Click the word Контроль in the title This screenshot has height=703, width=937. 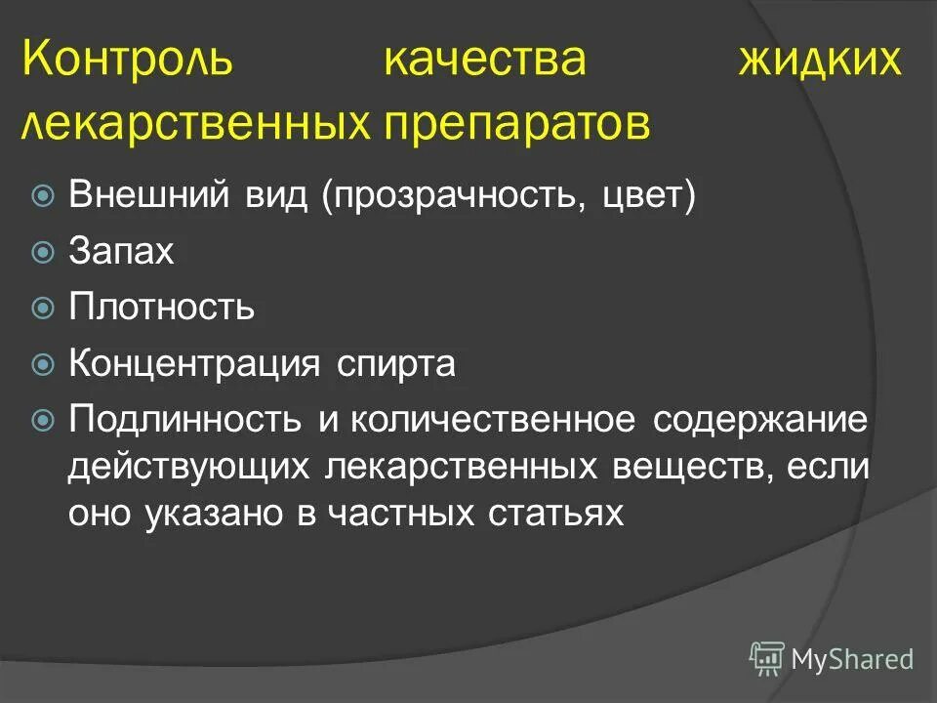pos(129,61)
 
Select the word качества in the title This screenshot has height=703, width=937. pos(485,61)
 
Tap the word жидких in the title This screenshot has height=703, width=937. pos(818,61)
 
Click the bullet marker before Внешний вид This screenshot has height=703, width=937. pos(43,196)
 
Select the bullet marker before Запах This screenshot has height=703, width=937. pos(43,253)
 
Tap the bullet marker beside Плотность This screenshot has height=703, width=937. pos(43,309)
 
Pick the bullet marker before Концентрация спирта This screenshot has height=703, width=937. pos(43,365)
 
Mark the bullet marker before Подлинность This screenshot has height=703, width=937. pos(43,421)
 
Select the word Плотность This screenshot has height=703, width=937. pos(161,309)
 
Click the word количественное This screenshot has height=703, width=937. pos(493,421)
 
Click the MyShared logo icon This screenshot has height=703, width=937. pos(767,658)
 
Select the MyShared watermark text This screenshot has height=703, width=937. pos(853,659)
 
